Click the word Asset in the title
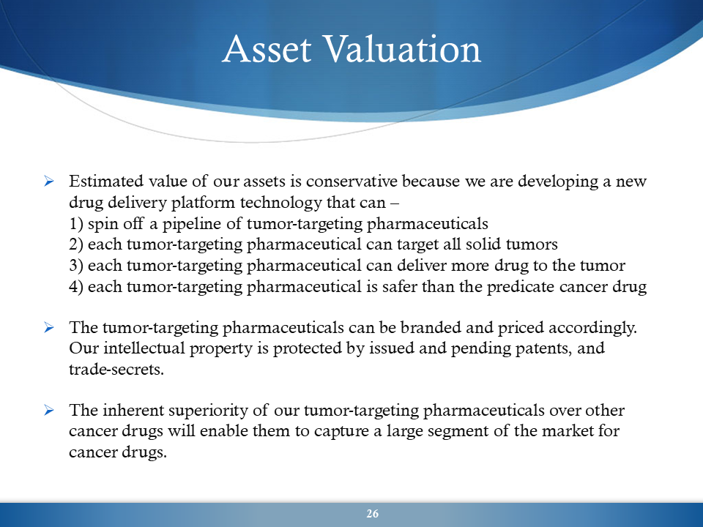click(267, 48)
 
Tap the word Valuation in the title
click(402, 48)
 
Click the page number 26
click(372, 514)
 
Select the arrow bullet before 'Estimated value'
click(49, 182)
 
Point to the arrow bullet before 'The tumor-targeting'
click(49, 328)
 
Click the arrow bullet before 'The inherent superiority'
click(49, 410)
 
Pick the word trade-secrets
click(116, 369)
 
